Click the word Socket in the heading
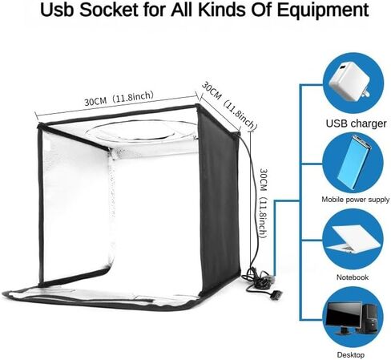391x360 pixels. [x=109, y=10]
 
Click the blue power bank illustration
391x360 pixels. [x=353, y=162]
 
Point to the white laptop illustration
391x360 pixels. [x=353, y=239]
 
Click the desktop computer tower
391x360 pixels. [x=370, y=318]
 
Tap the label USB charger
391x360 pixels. [x=356, y=123]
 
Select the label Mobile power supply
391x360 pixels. [x=355, y=200]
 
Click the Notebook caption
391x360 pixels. [x=353, y=277]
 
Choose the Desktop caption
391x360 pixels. [x=351, y=354]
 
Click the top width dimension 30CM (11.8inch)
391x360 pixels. [x=119, y=99]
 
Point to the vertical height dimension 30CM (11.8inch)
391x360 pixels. [x=263, y=203]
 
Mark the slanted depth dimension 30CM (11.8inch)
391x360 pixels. [x=229, y=106]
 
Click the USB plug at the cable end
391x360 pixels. [x=276, y=295]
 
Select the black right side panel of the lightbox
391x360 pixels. [x=219, y=200]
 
